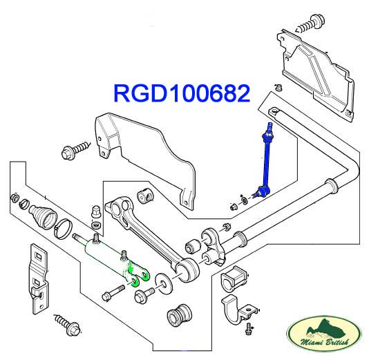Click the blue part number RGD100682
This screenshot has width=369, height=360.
point(182,93)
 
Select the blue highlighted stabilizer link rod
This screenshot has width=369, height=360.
point(265,162)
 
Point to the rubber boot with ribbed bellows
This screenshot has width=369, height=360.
point(43,216)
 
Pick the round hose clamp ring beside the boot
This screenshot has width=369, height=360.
point(61,229)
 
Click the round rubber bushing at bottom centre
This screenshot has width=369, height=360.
point(178,314)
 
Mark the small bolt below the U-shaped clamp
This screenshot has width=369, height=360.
point(248,328)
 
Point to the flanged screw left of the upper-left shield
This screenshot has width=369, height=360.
point(75,150)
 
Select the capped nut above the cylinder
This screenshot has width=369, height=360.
point(96,211)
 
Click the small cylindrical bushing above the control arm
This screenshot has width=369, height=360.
point(145,196)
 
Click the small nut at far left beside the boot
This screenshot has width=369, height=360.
point(15,198)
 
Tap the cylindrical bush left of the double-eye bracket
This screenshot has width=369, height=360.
point(193,246)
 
